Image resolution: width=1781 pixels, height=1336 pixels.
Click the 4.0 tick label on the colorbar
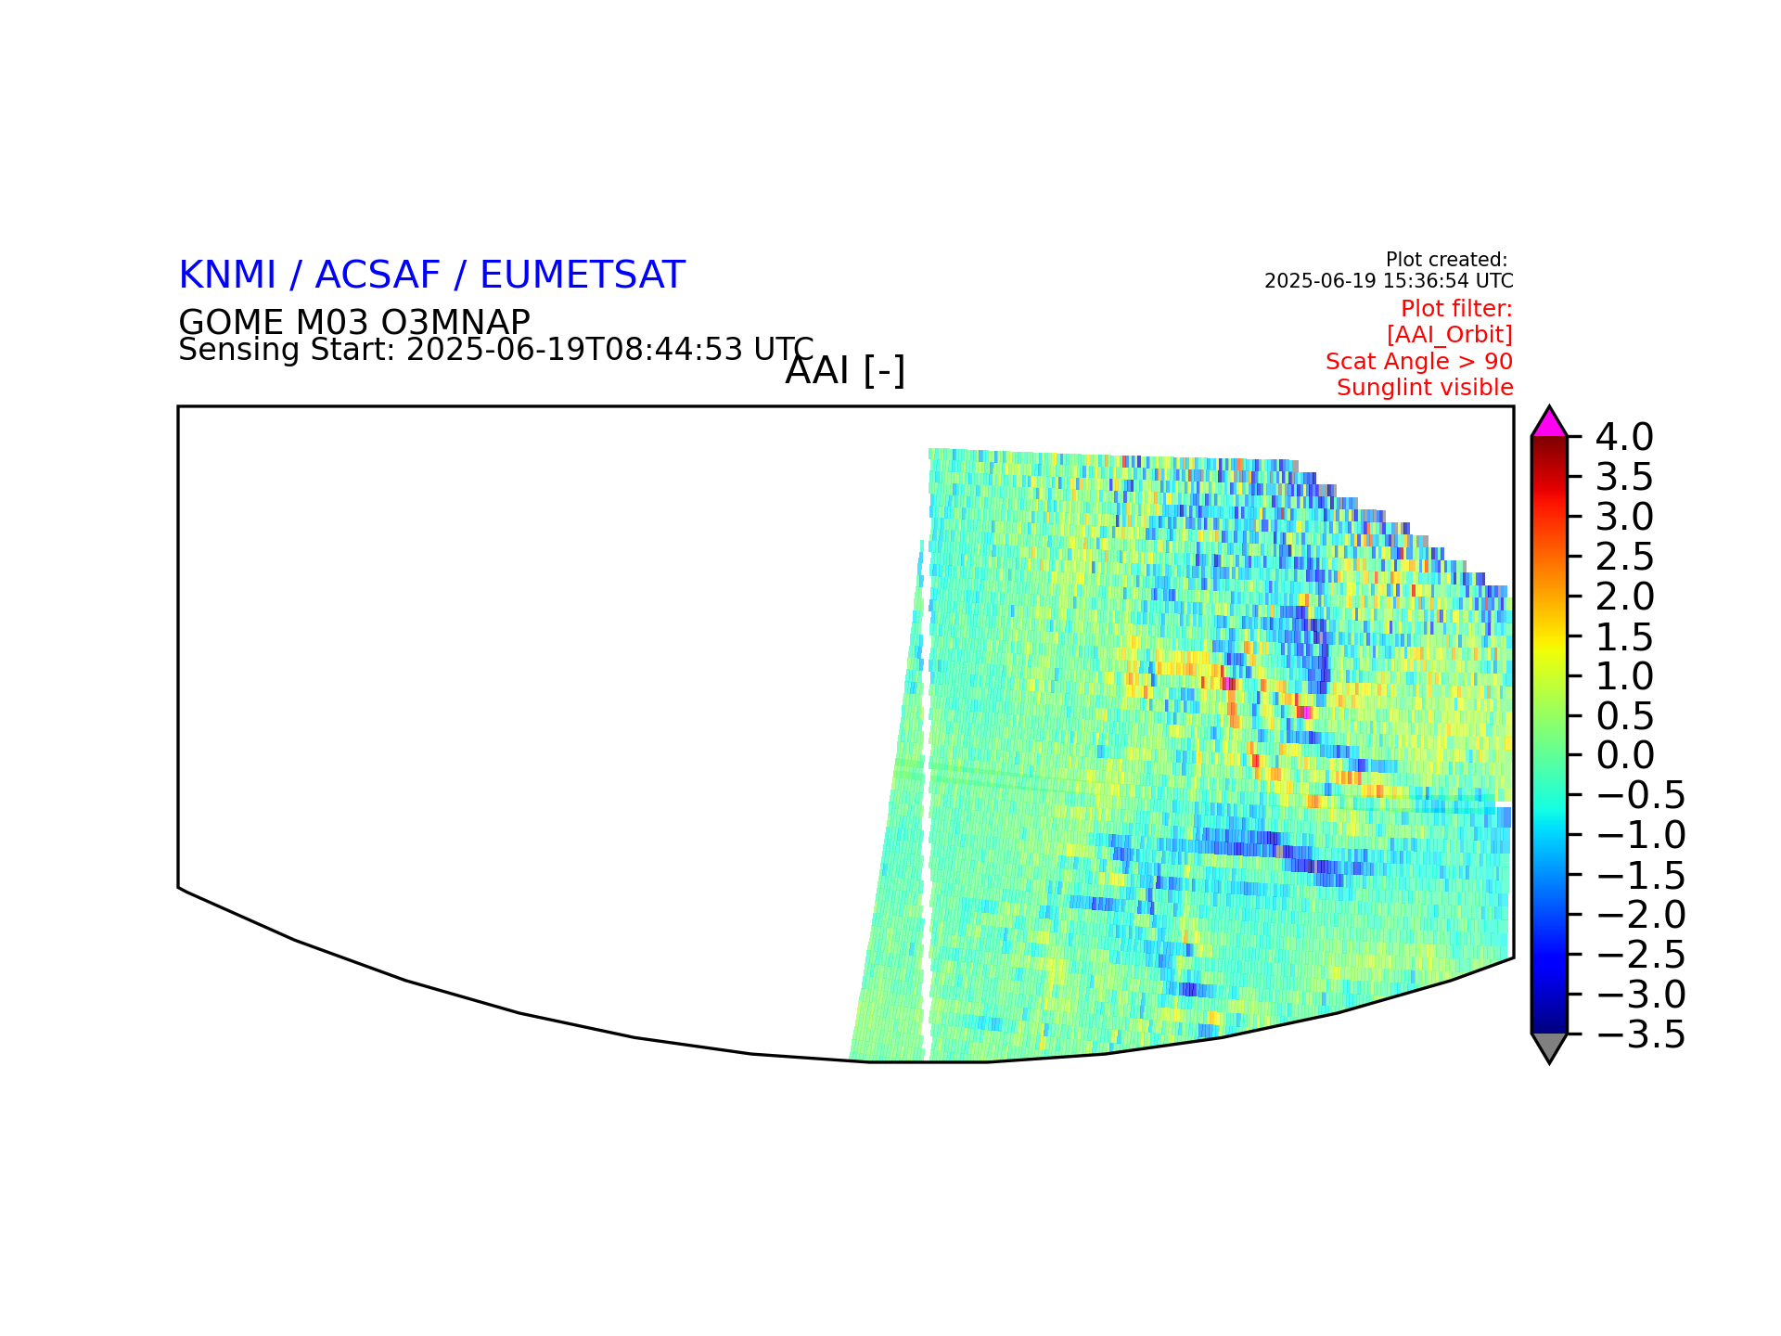pyautogui.click(x=1624, y=437)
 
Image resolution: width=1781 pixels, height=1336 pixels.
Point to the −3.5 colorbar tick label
pyautogui.click(x=1641, y=1034)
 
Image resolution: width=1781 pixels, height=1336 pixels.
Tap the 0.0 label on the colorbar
pyautogui.click(x=1624, y=755)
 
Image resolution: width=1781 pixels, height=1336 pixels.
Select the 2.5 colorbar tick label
pyautogui.click(x=1624, y=557)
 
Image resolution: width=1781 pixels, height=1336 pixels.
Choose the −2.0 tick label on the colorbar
pyautogui.click(x=1641, y=915)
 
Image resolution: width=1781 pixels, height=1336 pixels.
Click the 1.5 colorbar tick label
pyautogui.click(x=1624, y=636)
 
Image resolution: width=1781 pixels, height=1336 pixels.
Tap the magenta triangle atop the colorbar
pyautogui.click(x=1549, y=423)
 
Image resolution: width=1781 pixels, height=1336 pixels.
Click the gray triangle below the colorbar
pyautogui.click(x=1549, y=1047)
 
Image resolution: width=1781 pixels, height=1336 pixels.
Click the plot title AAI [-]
pyautogui.click(x=845, y=371)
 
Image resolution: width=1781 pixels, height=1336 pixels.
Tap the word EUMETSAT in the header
pyautogui.click(x=583, y=276)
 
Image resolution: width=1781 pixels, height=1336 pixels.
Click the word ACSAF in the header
pyautogui.click(x=378, y=276)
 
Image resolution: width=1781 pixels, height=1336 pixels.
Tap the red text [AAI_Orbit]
pyautogui.click(x=1450, y=334)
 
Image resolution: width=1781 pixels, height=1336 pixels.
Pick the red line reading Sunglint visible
pyautogui.click(x=1425, y=388)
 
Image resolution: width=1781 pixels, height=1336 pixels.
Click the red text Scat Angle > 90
pyautogui.click(x=1419, y=361)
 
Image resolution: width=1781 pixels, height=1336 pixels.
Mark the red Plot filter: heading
pyautogui.click(x=1456, y=308)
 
